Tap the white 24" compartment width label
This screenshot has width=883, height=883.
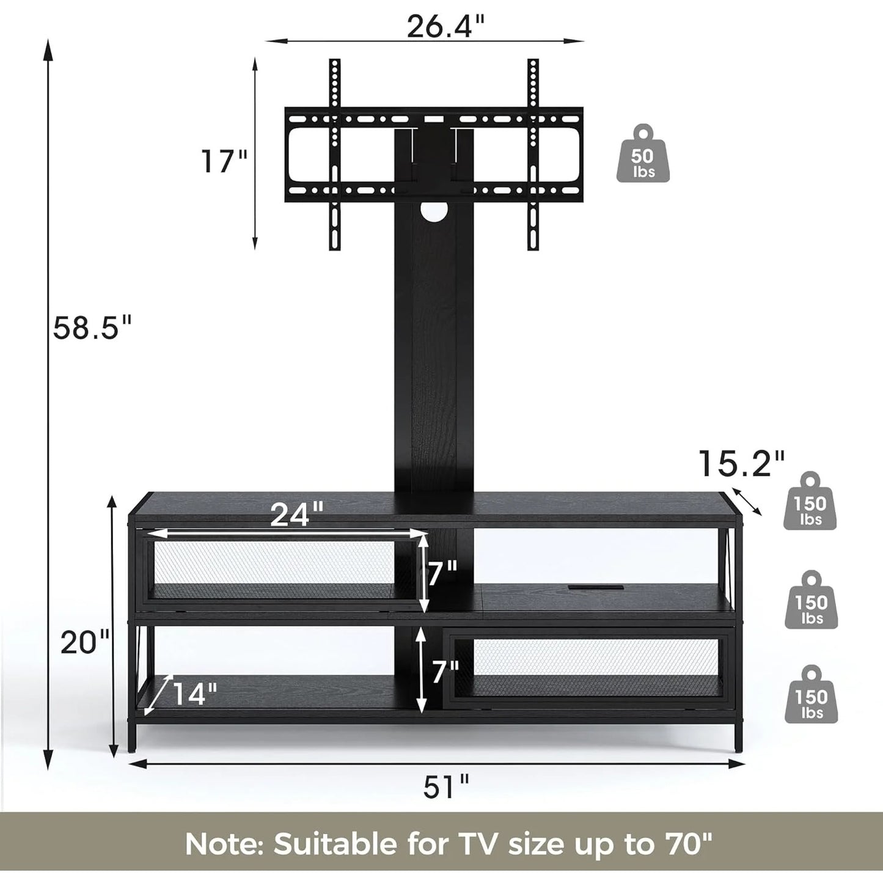click(297, 515)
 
